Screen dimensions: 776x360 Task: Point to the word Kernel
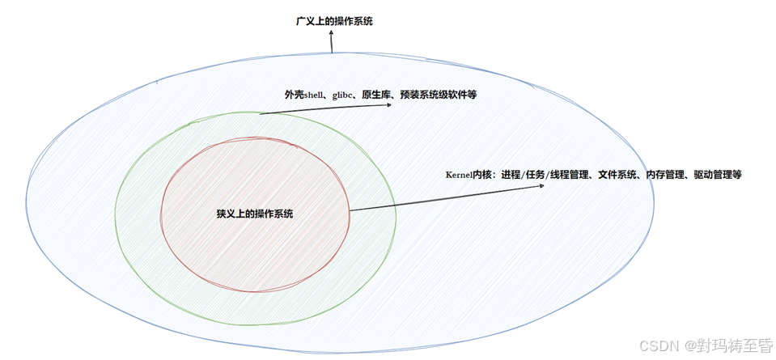[459, 175]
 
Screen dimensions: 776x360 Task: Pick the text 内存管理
[665, 175]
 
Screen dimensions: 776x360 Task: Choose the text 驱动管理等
[718, 175]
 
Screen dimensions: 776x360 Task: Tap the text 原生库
[377, 95]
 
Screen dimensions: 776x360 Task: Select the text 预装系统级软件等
[439, 95]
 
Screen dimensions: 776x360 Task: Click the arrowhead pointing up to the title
[330, 34]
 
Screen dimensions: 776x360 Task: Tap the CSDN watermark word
[657, 345]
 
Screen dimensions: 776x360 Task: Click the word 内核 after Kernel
[484, 175]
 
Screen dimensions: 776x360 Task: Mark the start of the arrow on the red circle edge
[350, 211]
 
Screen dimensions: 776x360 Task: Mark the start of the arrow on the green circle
[261, 114]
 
